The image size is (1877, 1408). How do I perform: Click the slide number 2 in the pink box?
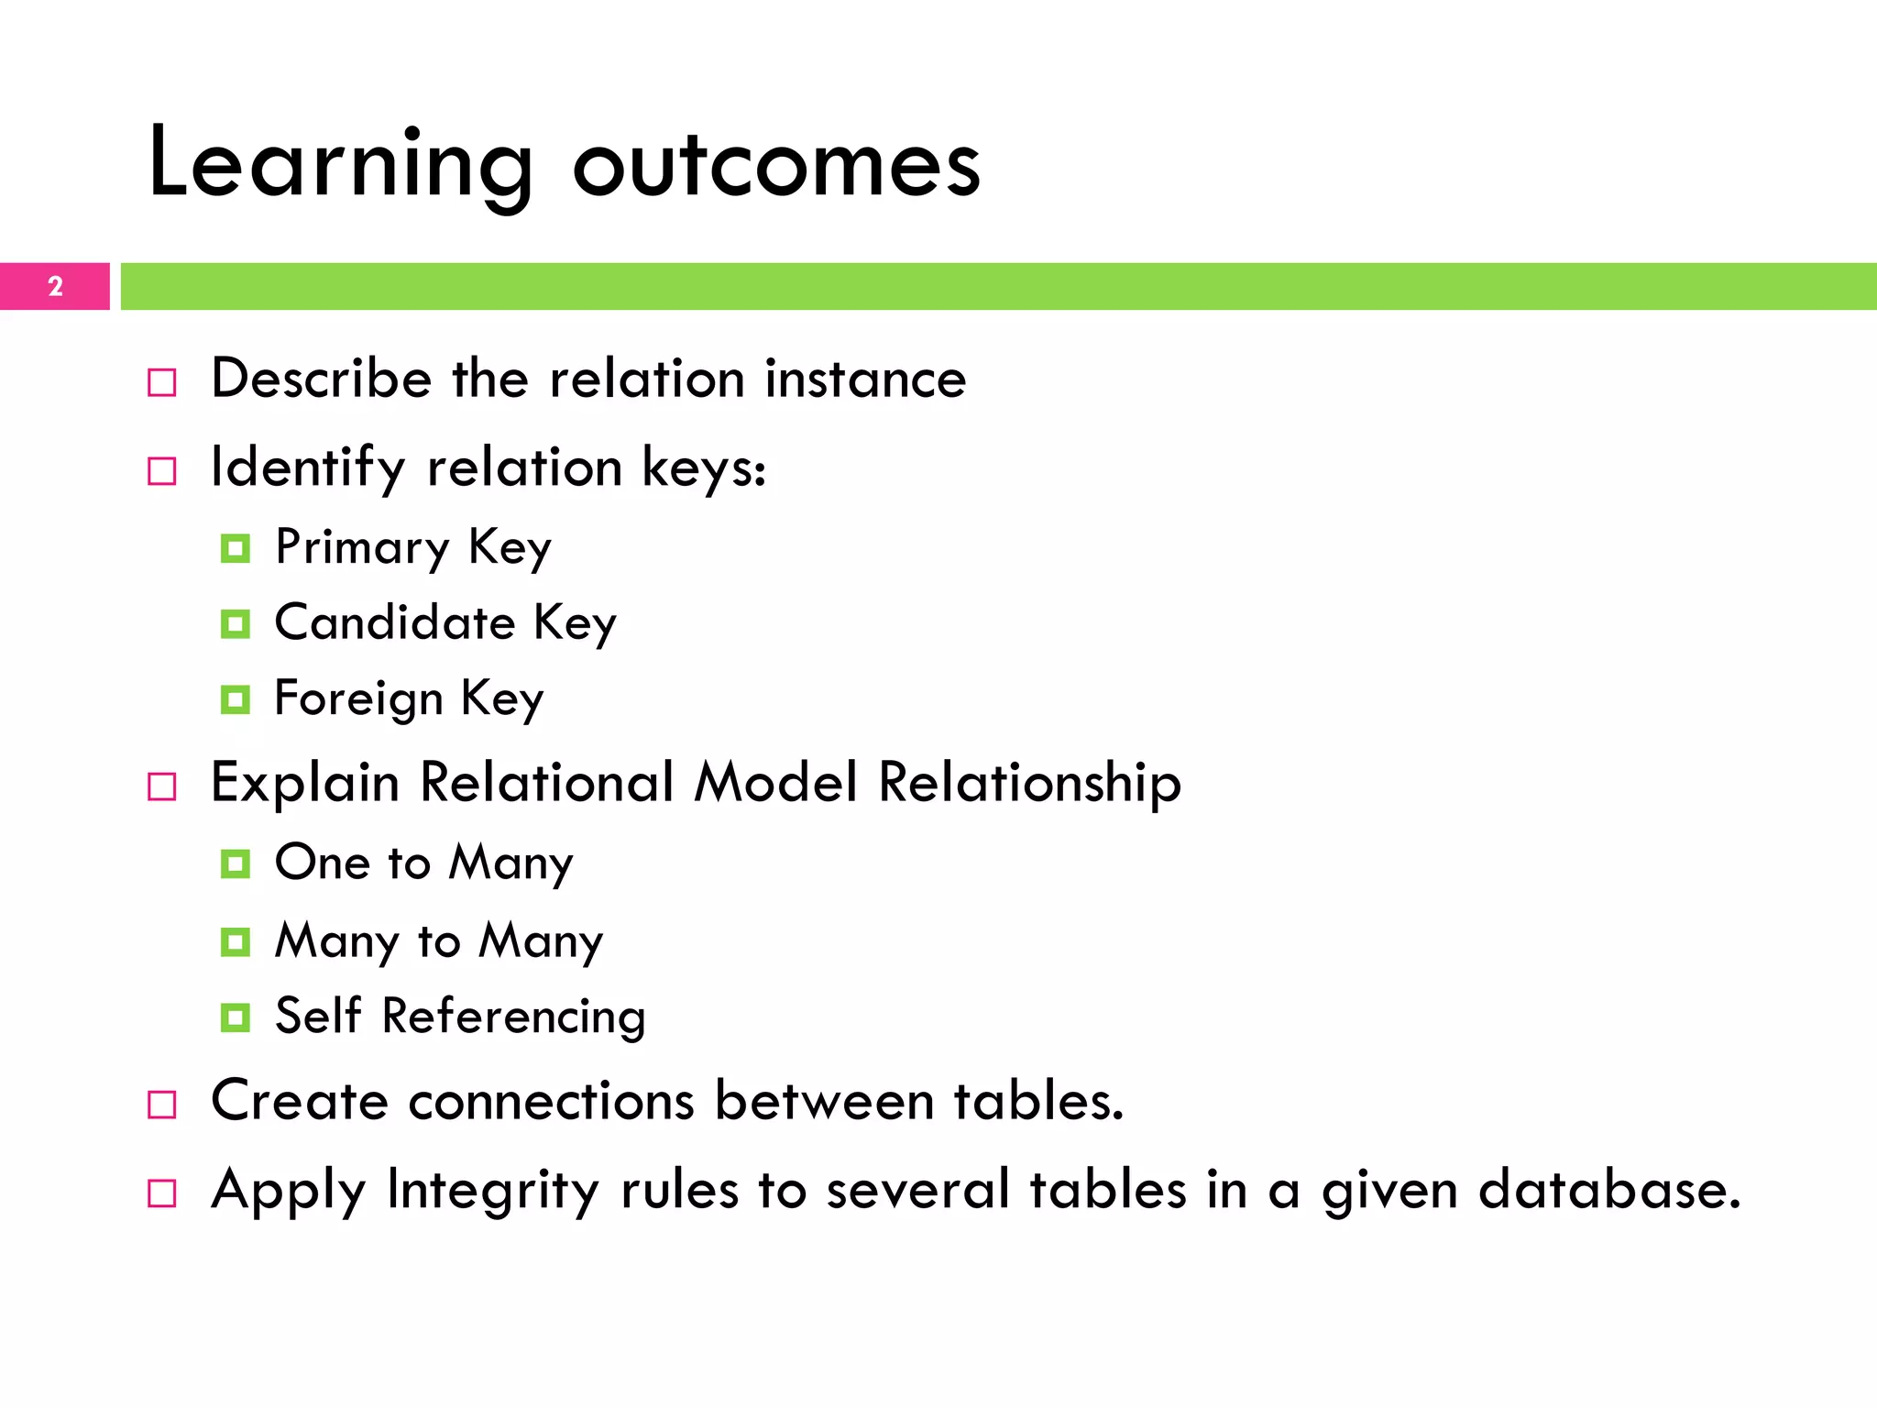[x=55, y=287]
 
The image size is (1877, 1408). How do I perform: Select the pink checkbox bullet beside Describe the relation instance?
[x=162, y=382]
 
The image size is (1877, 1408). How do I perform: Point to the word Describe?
[x=321, y=379]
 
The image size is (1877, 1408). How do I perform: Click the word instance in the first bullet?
[x=865, y=379]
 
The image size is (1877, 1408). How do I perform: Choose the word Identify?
[x=308, y=467]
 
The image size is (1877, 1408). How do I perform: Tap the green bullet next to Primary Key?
[x=236, y=549]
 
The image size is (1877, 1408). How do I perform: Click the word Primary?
[x=363, y=548]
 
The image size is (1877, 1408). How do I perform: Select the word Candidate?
[x=395, y=623]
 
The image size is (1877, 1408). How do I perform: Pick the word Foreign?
[x=358, y=699]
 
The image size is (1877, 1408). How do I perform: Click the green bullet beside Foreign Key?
[x=236, y=700]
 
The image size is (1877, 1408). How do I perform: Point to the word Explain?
[x=305, y=784]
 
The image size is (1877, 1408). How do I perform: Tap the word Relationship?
[x=1029, y=784]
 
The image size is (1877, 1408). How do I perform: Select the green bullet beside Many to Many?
[x=236, y=941]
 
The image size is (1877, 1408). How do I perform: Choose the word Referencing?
[x=513, y=1017]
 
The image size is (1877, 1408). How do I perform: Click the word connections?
[x=551, y=1101]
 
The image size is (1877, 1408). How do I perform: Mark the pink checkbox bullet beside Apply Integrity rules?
[x=162, y=1193]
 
